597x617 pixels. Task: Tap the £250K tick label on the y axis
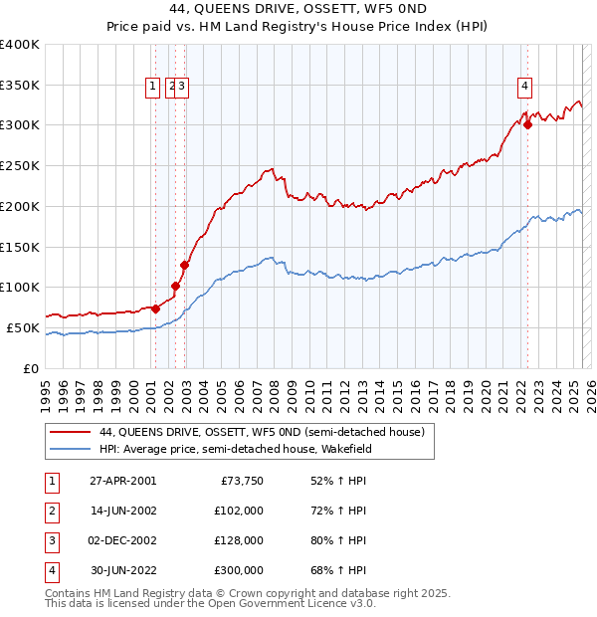19,165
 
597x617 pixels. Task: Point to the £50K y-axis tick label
23,327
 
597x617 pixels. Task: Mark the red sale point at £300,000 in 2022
527,124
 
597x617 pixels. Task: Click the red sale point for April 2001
156,308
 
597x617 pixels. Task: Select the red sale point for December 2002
184,265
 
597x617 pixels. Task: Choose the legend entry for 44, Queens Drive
262,432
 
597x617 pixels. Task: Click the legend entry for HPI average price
248,449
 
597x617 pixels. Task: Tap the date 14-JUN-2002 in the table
122,511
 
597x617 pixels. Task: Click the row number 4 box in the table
51,570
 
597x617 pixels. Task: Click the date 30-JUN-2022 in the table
122,570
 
